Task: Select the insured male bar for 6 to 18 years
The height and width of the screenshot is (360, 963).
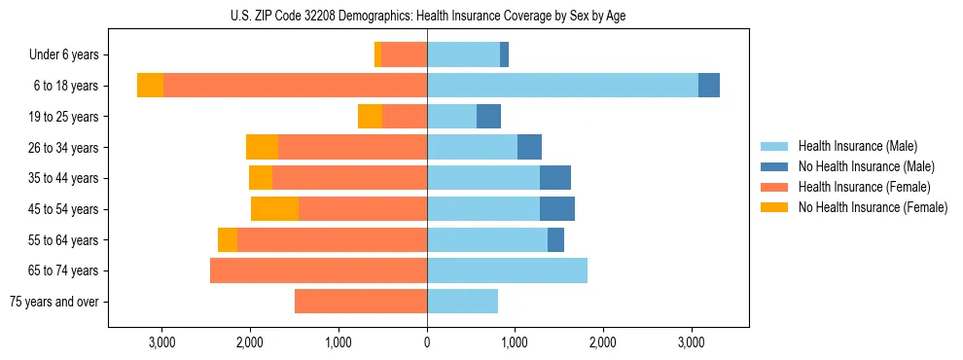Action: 562,86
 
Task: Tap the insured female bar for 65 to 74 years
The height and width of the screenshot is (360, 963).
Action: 318,270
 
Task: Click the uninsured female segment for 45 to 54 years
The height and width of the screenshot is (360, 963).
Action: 274,209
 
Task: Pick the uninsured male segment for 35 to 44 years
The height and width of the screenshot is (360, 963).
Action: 554,178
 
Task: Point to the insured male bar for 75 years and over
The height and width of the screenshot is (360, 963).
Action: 462,302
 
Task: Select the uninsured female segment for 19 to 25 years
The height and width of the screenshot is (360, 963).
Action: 370,117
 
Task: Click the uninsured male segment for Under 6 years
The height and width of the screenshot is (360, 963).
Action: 504,55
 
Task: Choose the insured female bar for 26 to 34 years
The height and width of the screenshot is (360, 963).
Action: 352,148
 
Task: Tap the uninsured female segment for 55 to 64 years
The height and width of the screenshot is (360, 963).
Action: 228,240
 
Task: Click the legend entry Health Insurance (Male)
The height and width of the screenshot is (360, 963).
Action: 857,146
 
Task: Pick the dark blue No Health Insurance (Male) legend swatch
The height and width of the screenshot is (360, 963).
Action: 775,166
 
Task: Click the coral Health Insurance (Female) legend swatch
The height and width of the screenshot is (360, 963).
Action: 775,187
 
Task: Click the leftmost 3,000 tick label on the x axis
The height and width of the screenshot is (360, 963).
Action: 161,342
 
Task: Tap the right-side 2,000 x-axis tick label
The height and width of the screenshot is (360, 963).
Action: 602,342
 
